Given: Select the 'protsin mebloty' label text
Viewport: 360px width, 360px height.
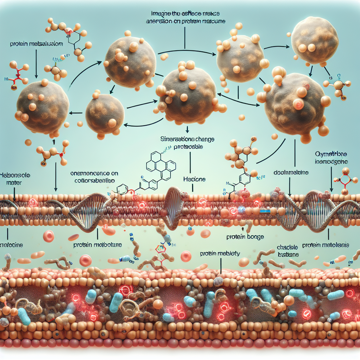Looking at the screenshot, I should click(220, 253).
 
